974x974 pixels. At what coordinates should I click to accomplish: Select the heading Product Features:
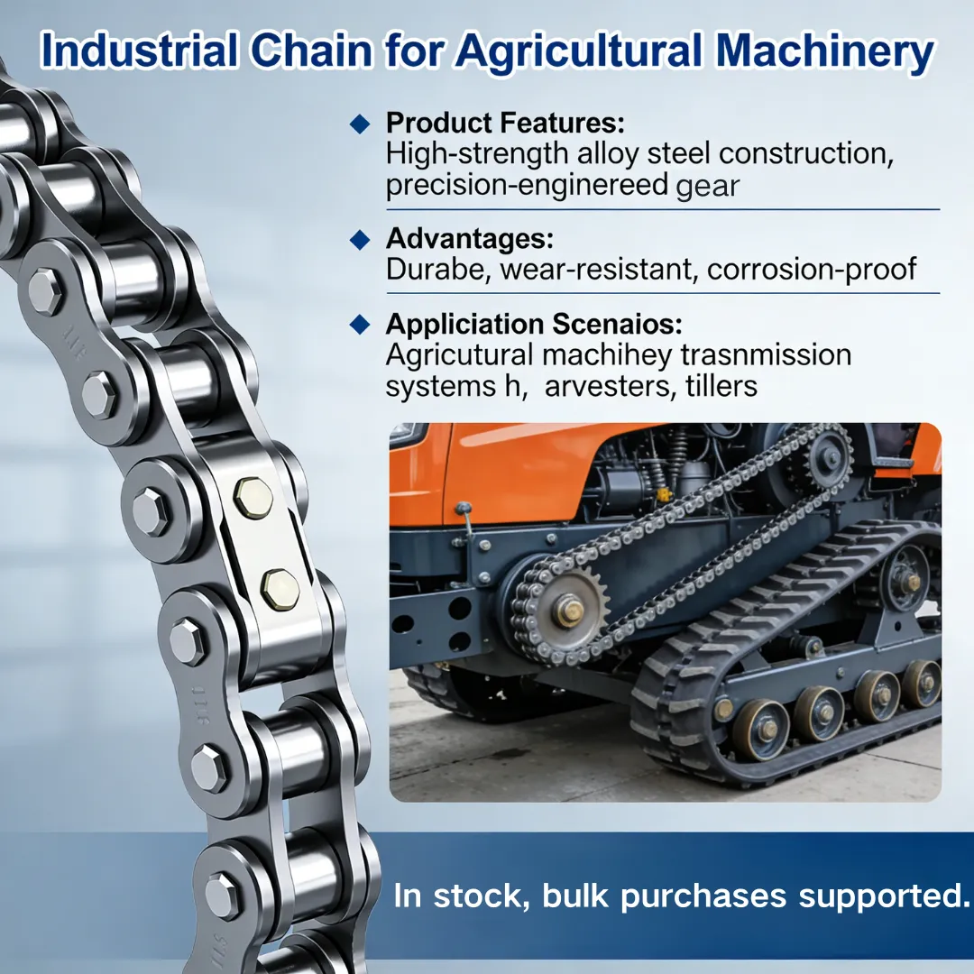[505, 123]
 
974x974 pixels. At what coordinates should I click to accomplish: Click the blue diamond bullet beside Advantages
[360, 240]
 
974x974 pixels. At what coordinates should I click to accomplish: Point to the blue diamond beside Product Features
[360, 124]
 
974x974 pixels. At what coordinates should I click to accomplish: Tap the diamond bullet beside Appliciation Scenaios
[360, 325]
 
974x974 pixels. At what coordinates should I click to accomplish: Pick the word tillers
[721, 386]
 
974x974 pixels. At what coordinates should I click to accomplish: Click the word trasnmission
[766, 355]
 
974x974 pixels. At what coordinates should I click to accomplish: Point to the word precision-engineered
[527, 185]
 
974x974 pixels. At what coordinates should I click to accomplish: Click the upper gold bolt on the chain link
[253, 498]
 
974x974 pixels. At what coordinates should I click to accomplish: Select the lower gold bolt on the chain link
[280, 589]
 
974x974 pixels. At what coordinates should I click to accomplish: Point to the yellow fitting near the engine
[664, 494]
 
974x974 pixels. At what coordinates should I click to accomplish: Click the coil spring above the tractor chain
[679, 446]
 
